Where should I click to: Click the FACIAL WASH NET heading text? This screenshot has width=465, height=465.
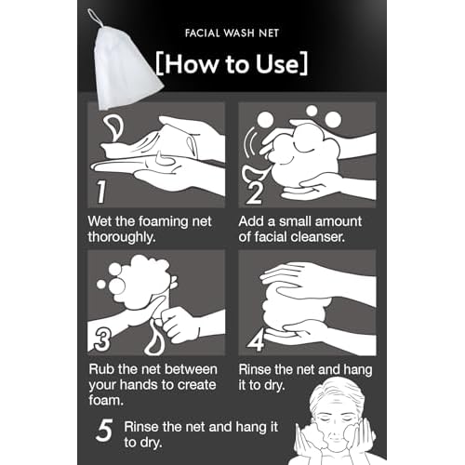[x=232, y=33]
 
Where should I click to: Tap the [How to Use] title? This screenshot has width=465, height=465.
[x=232, y=63]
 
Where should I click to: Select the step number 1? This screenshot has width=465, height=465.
[x=101, y=192]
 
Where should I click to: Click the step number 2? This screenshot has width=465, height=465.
[x=255, y=193]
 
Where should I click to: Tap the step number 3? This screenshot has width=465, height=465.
[x=102, y=339]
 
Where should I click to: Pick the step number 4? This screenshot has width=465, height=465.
[x=256, y=339]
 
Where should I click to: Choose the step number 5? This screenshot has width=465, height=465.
[x=104, y=431]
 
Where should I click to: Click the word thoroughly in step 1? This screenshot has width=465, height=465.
[x=122, y=238]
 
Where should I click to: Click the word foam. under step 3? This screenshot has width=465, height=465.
[x=106, y=400]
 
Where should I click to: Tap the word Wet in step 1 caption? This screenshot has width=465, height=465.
[x=100, y=221]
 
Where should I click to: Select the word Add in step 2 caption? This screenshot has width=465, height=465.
[x=251, y=221]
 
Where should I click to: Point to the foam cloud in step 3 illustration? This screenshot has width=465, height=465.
[x=141, y=281]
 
